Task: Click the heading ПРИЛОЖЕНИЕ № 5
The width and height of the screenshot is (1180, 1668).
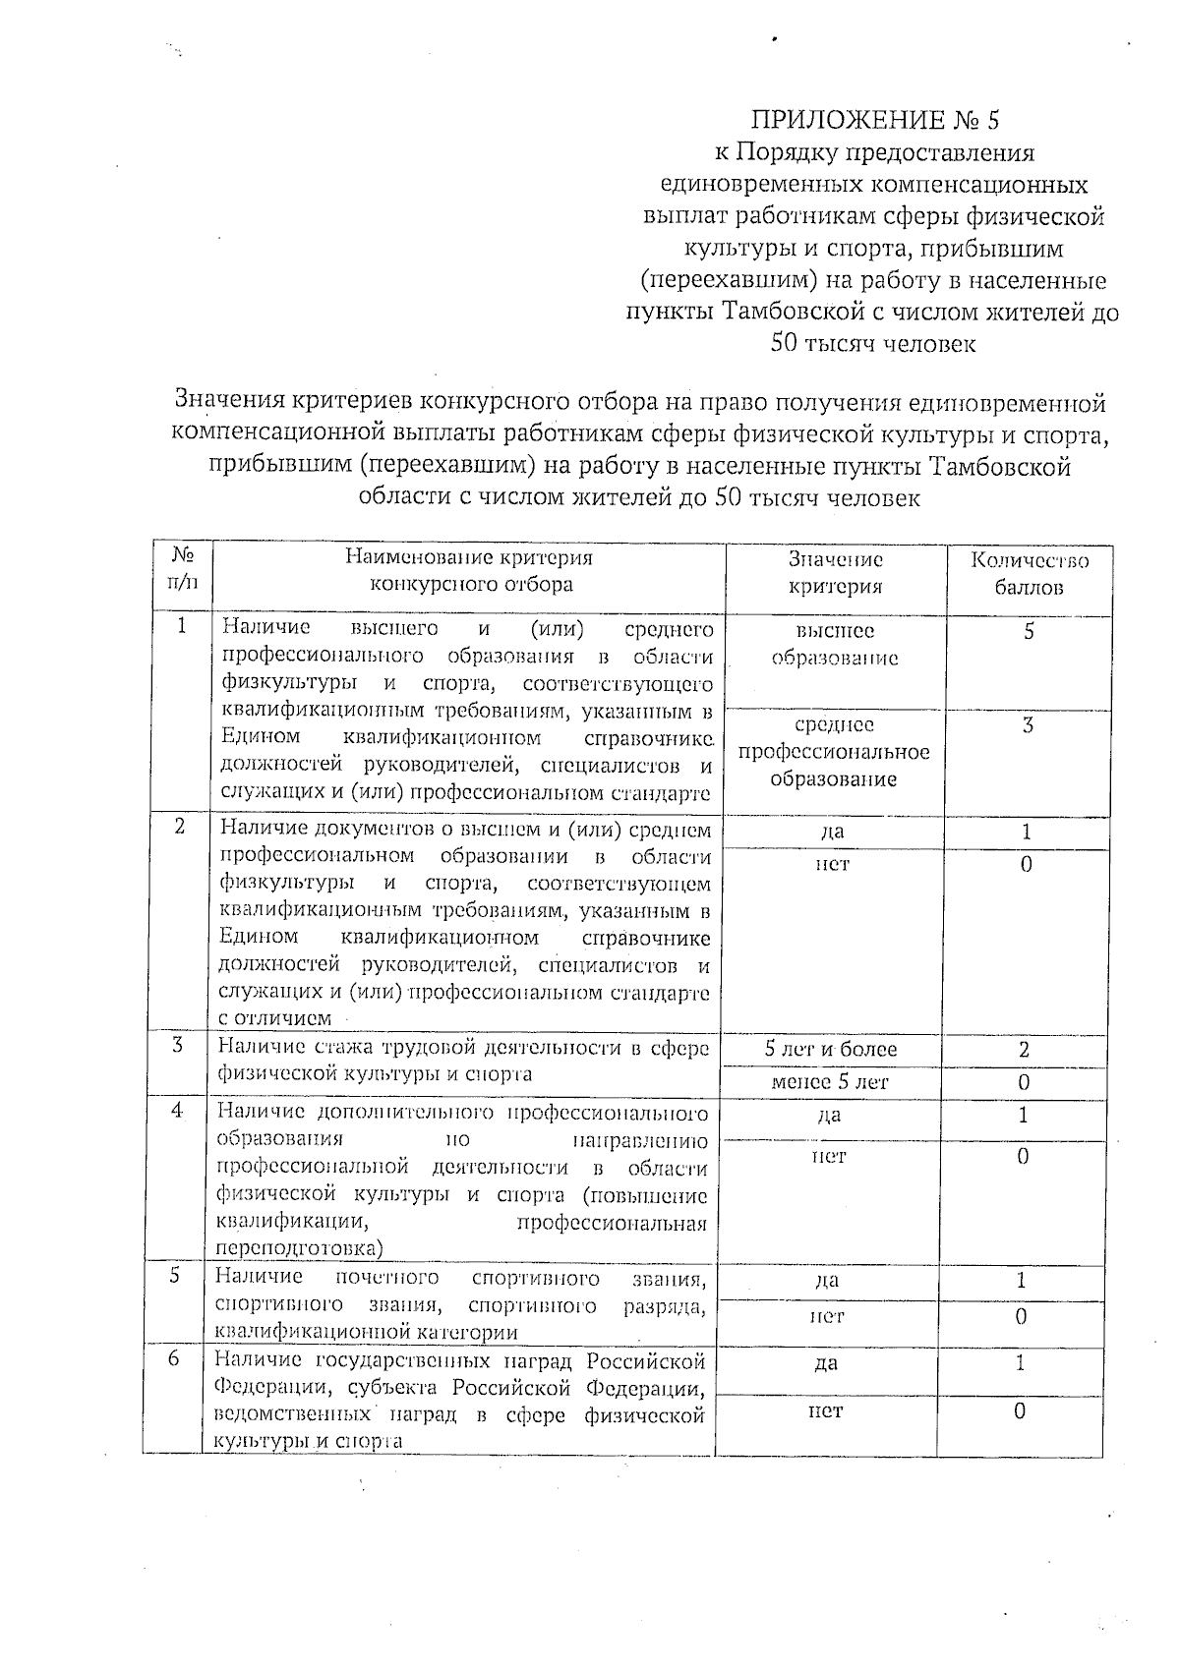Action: point(874,121)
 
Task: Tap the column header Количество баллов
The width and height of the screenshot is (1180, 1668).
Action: point(1029,574)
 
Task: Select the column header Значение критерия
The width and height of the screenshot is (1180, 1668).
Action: point(835,573)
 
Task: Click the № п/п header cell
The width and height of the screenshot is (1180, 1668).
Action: point(182,569)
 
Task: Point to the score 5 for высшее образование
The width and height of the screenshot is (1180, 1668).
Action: point(1029,632)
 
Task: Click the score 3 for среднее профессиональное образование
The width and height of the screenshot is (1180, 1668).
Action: point(1028,725)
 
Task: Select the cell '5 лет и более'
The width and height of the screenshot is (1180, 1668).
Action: point(831,1050)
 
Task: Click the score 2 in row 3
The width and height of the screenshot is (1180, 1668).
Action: point(1024,1050)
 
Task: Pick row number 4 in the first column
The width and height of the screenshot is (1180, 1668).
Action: point(177,1110)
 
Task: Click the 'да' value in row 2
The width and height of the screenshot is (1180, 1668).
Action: point(832,832)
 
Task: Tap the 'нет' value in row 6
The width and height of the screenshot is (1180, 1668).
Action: point(825,1410)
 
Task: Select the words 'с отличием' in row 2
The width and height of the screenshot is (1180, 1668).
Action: point(274,1018)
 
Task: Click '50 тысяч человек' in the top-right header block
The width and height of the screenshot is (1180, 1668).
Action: point(873,344)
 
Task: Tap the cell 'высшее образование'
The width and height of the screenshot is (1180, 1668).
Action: point(835,645)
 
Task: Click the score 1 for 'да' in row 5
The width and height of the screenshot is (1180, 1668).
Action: point(1022,1281)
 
